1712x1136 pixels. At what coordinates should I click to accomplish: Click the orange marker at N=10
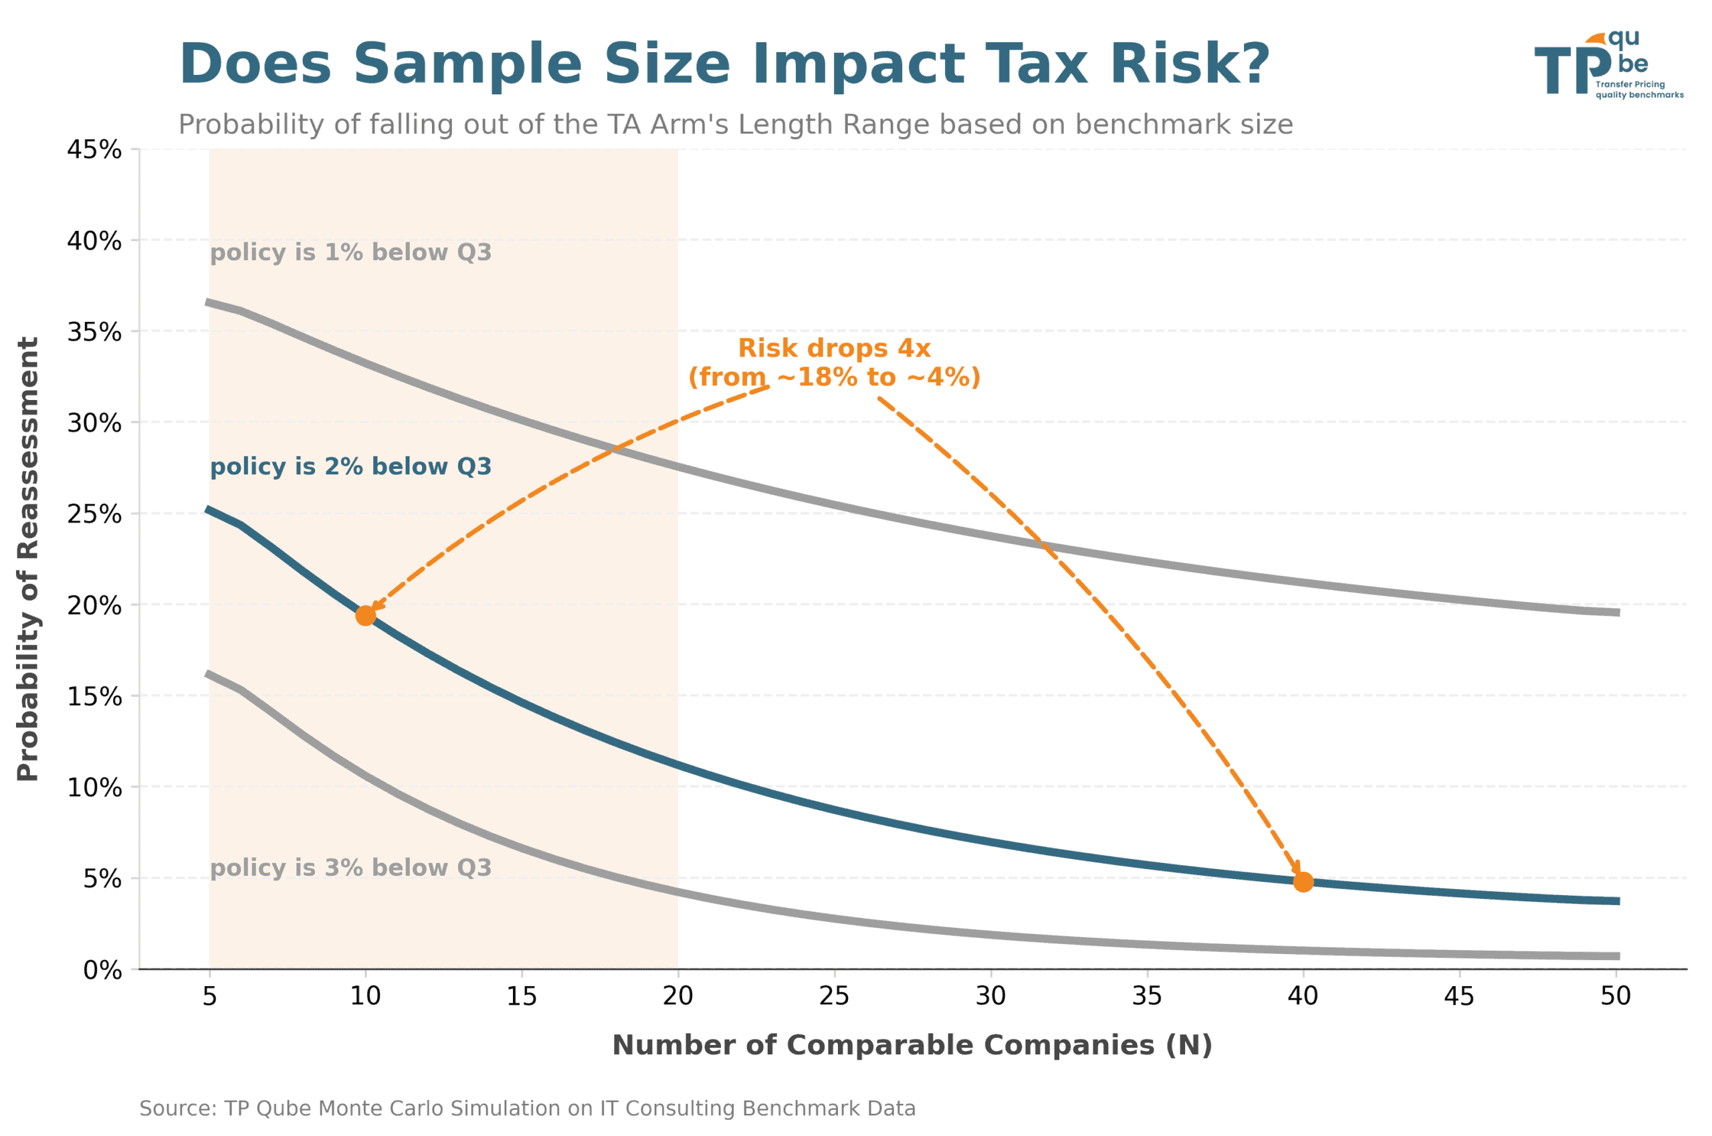(x=365, y=615)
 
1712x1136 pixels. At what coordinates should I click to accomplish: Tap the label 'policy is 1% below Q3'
(x=350, y=252)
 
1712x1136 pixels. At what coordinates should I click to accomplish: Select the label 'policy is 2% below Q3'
(x=350, y=466)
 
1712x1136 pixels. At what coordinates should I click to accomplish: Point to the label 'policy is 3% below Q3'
(x=350, y=867)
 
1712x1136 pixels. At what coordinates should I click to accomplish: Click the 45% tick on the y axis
(x=94, y=150)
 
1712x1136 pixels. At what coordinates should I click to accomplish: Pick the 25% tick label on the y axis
(x=94, y=514)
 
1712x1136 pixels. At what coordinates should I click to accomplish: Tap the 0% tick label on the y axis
(x=102, y=970)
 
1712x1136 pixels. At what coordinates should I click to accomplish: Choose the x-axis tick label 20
(x=677, y=996)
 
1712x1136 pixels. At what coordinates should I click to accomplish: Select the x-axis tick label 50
(x=1615, y=996)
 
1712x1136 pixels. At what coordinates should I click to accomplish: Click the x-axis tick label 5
(x=209, y=996)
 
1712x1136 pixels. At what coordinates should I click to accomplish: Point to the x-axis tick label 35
(x=1146, y=996)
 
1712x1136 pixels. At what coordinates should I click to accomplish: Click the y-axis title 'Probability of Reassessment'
(x=27, y=559)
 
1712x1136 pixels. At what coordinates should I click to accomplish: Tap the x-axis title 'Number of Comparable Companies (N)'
(x=912, y=1046)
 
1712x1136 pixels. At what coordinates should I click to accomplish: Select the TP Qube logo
(x=1608, y=65)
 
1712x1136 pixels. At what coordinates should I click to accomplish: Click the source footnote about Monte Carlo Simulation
(x=527, y=1109)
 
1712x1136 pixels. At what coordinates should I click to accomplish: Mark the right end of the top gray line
(x=1616, y=612)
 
